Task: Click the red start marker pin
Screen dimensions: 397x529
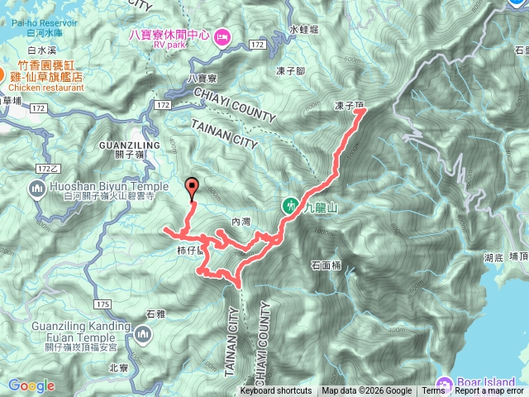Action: (193, 186)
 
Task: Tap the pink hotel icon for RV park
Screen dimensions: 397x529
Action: (222, 36)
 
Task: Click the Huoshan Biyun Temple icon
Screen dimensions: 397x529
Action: (36, 192)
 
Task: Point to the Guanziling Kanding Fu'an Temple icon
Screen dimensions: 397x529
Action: (144, 335)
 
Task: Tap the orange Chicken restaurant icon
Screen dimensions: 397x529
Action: (2, 74)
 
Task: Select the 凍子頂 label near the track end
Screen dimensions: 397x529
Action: (350, 106)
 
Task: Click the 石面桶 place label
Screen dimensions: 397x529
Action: (326, 265)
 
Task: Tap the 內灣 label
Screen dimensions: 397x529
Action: (241, 221)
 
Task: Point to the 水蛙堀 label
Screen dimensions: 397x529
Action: (304, 29)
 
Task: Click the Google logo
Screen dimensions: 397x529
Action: (31, 385)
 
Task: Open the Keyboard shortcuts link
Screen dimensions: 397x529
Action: (276, 391)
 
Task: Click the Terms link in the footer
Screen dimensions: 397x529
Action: (433, 391)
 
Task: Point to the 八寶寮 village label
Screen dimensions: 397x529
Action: (203, 78)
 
